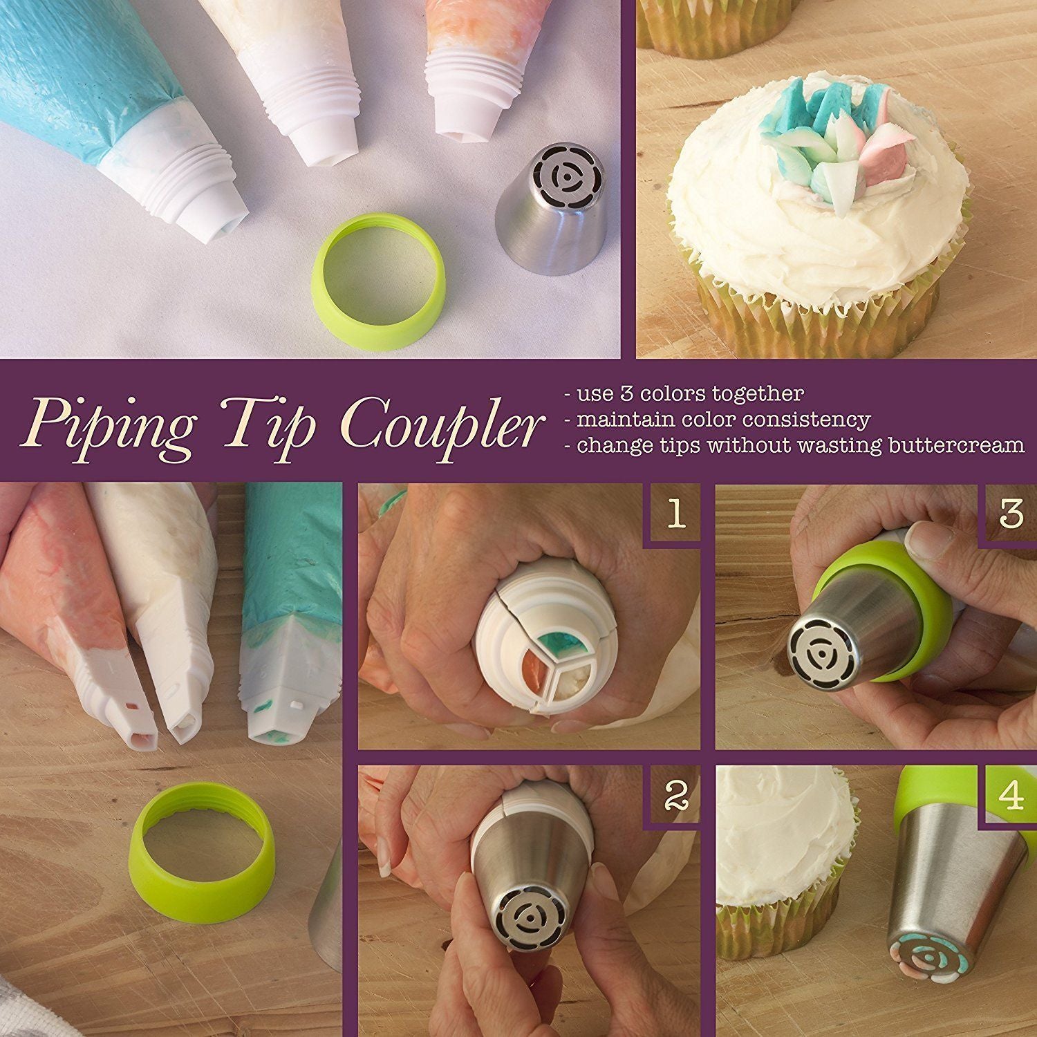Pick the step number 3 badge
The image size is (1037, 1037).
[1011, 513]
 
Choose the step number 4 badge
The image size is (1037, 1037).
[1011, 795]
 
